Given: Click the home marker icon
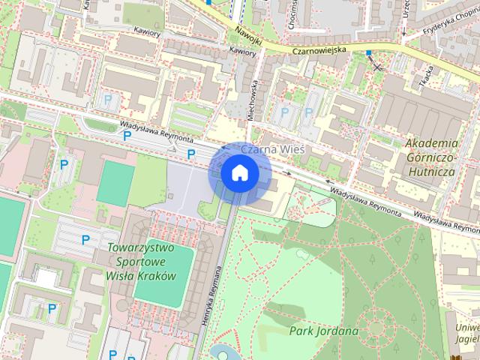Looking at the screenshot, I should (x=239, y=173).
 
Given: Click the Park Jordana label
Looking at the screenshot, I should (x=324, y=330).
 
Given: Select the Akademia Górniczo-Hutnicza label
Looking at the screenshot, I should (x=430, y=157).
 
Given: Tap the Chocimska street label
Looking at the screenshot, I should (x=289, y=15).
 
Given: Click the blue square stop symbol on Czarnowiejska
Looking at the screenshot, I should (x=368, y=53).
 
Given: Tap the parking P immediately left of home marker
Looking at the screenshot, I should (x=191, y=154).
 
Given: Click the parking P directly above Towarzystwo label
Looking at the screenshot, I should (x=85, y=240).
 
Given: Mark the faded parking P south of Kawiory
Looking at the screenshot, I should (x=109, y=98).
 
